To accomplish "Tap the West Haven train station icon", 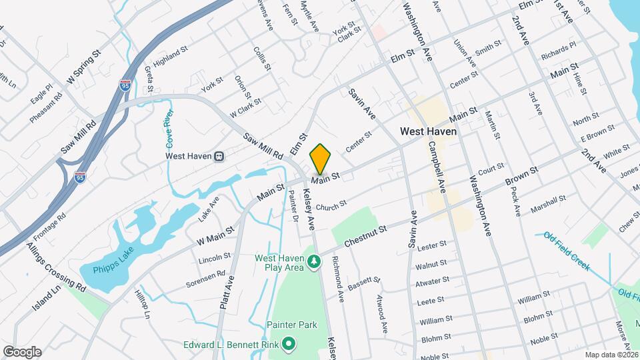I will tap(219, 157).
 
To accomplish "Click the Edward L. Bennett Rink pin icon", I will tap(289, 345).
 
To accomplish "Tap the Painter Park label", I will tap(292, 325).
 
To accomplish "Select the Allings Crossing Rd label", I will tap(56, 267).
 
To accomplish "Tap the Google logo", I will tap(22, 351).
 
